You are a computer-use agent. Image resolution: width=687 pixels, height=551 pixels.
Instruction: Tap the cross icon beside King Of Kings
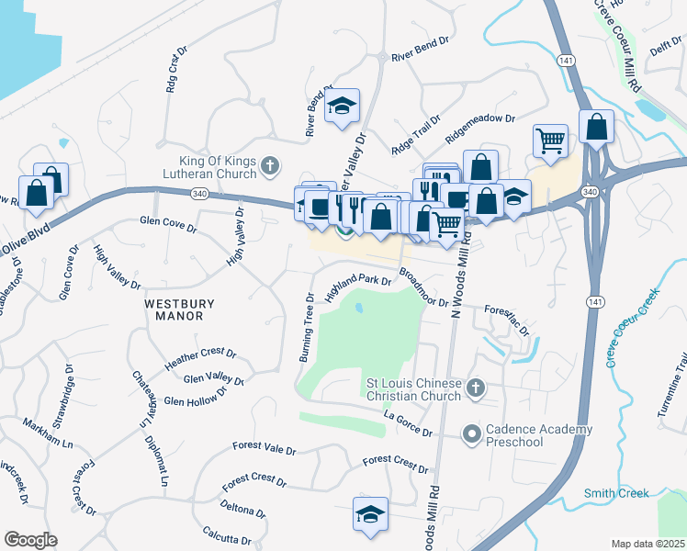pos(269,165)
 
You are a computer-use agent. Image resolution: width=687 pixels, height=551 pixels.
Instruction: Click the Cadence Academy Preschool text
pos(539,436)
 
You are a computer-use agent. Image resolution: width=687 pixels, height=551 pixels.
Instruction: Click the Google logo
pos(30,540)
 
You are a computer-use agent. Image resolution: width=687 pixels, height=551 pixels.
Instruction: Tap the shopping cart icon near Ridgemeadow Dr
pos(550,141)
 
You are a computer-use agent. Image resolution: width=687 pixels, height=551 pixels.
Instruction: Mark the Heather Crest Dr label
pos(200,359)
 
